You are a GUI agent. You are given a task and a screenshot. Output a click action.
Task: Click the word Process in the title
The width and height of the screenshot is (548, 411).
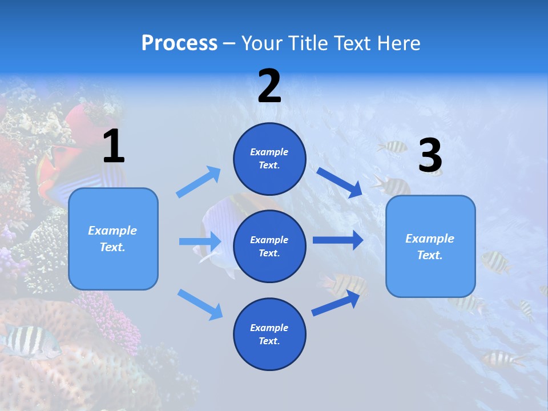179,43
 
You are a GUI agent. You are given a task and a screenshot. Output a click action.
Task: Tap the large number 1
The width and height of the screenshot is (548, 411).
114,146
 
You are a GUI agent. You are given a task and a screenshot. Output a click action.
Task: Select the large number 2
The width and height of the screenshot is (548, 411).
269,87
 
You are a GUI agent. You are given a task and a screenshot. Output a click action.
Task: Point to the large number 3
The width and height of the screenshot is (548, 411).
430,155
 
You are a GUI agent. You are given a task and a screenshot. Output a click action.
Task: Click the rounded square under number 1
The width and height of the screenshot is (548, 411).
113,239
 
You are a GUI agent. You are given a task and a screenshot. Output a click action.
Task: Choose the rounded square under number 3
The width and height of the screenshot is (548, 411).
430,246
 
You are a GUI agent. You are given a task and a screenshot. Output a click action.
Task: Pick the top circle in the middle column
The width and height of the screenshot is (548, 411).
269,159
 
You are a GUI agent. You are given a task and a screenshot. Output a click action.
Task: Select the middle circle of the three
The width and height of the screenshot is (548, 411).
269,246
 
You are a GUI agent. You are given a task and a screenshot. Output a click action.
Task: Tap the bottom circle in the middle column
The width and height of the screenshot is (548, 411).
269,334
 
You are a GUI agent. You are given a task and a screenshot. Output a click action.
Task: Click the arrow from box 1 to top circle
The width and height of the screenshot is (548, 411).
199,182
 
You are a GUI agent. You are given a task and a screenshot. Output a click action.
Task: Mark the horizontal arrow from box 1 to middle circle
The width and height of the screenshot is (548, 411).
200,241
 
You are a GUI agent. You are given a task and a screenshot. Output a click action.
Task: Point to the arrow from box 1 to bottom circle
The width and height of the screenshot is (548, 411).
200,304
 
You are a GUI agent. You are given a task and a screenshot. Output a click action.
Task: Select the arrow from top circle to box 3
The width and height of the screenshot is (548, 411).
339,182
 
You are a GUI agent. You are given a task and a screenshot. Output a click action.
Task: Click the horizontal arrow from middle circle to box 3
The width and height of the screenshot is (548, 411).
337,240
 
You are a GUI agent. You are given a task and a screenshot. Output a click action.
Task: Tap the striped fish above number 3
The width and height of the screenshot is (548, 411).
392,147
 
